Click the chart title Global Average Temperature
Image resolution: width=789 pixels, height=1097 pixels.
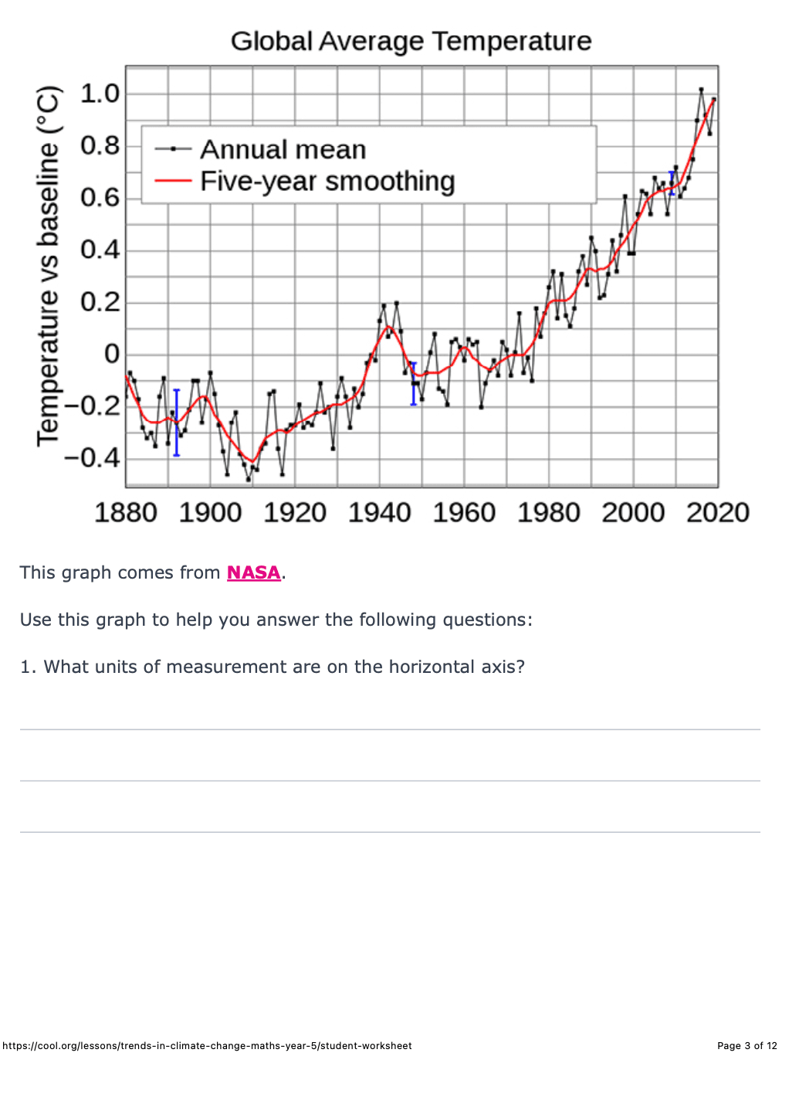click(411, 41)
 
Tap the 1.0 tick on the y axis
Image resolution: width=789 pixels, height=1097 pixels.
click(100, 93)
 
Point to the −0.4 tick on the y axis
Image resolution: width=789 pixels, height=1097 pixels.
click(92, 457)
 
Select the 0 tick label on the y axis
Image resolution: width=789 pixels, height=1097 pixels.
click(112, 354)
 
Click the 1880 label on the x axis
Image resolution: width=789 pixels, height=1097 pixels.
click(125, 512)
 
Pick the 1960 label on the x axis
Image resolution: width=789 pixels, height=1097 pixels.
click(463, 512)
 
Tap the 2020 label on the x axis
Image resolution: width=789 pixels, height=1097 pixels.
click(717, 512)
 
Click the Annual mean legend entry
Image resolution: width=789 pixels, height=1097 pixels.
click(283, 149)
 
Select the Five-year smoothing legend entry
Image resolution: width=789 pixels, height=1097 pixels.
click(327, 181)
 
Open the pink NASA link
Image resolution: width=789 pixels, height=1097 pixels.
click(253, 572)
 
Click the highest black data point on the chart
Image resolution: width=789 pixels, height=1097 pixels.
click(701, 90)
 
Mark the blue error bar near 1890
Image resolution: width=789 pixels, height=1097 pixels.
click(176, 423)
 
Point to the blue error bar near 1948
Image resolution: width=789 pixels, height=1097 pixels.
click(414, 384)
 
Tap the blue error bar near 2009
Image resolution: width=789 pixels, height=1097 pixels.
click(672, 183)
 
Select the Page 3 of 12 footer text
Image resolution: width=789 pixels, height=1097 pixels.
click(747, 1045)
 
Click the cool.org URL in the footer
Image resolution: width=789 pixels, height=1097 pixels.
click(207, 1045)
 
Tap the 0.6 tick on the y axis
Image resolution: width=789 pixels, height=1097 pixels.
click(100, 198)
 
